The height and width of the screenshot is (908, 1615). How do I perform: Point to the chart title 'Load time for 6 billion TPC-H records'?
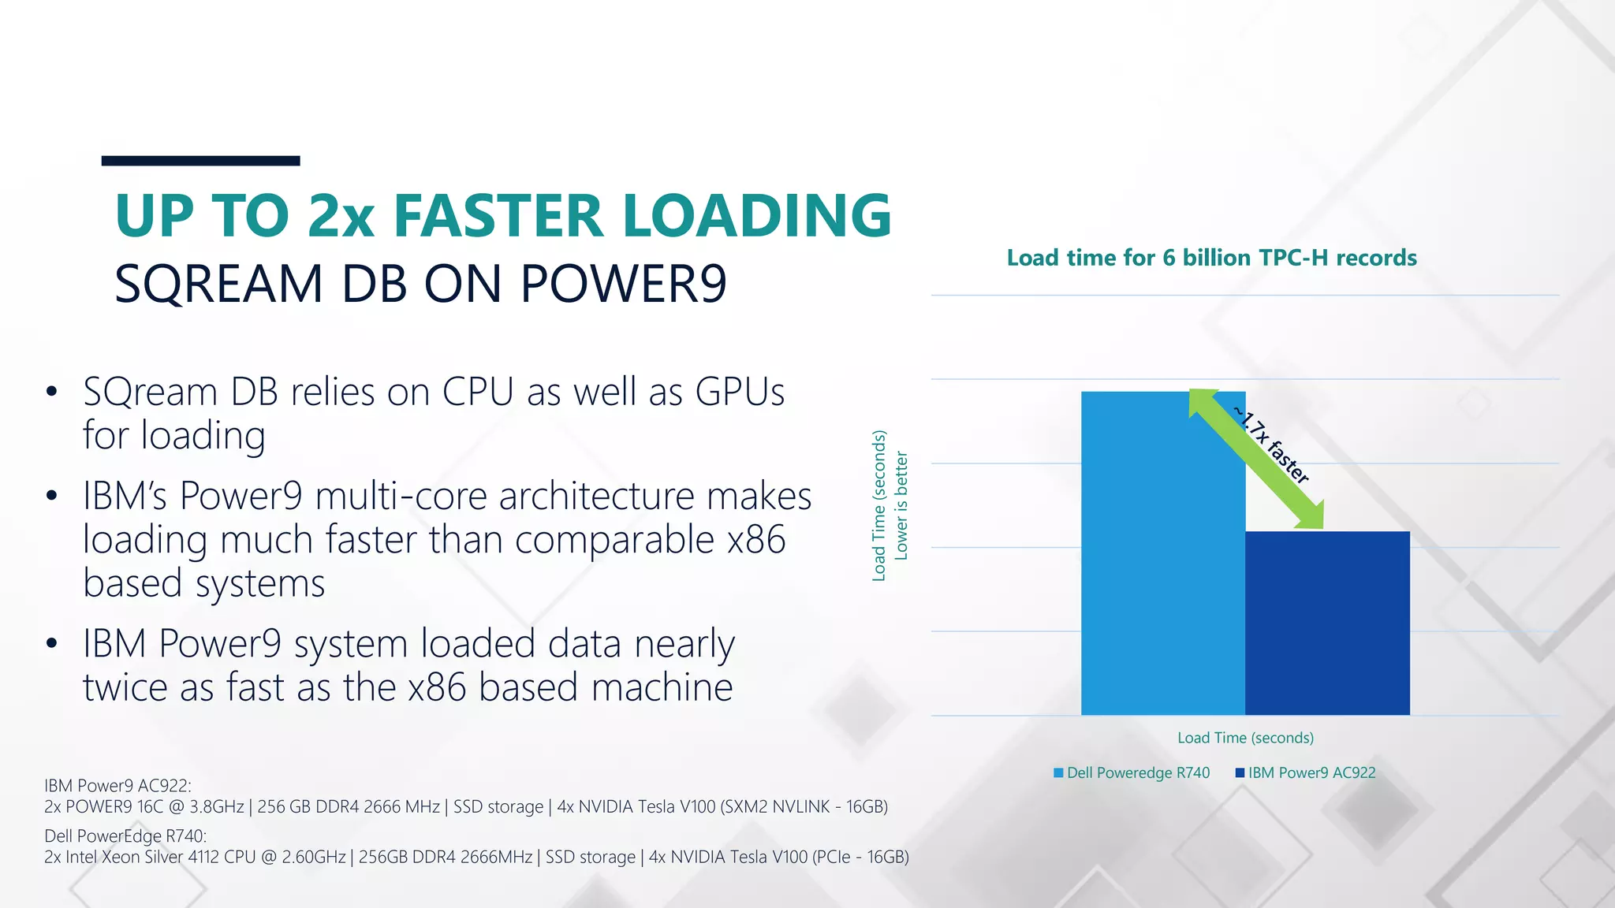coord(1211,258)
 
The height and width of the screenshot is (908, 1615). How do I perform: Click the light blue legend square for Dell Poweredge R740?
coord(1058,772)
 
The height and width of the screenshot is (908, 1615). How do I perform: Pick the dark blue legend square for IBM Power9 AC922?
coord(1240,772)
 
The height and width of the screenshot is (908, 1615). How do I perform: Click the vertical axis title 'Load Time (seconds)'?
coord(879,505)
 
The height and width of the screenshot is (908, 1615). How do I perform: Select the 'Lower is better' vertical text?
coord(901,505)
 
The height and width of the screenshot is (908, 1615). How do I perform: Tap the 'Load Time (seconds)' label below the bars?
coord(1245,738)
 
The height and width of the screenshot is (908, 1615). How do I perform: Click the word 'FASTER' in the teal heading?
coord(498,215)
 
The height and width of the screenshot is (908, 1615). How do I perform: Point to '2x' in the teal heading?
coord(341,215)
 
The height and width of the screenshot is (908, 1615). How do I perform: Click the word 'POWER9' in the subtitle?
coord(623,284)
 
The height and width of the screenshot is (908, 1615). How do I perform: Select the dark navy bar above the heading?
coord(200,161)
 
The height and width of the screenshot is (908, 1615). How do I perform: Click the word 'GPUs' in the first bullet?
coord(740,392)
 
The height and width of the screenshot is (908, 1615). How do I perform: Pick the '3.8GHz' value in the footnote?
coord(217,806)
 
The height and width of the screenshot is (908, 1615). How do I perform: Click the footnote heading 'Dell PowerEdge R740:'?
coord(125,835)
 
